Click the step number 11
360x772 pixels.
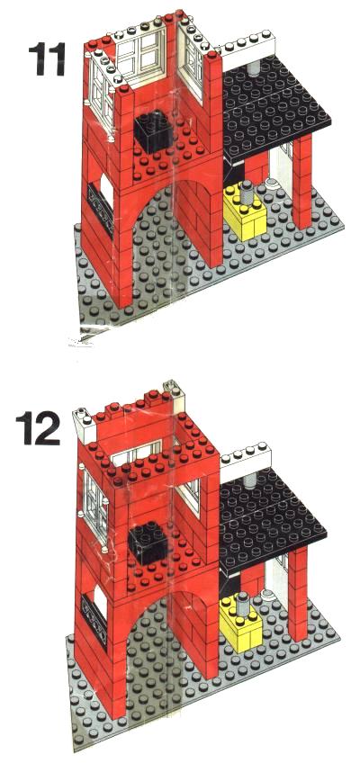tap(47, 59)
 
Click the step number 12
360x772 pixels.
tap(38, 428)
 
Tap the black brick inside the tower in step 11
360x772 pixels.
tap(153, 129)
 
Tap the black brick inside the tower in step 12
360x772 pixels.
tap(148, 542)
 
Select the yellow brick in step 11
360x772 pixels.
tap(246, 212)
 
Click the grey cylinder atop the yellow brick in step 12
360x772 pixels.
tap(243, 603)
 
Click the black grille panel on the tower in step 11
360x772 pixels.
tap(101, 210)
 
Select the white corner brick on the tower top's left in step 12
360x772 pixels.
tap(84, 422)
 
